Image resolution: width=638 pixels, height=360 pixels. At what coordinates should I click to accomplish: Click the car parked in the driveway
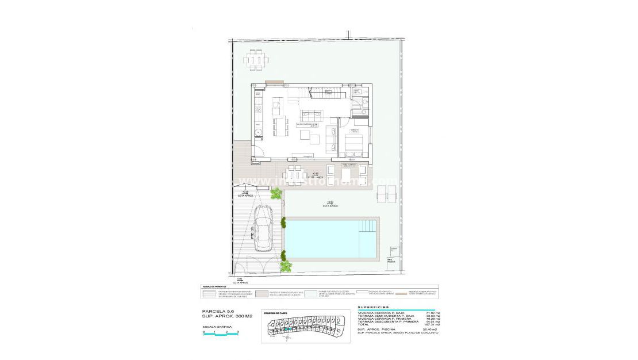pos(264,228)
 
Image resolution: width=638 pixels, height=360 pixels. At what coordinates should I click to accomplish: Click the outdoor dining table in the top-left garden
pos(256,59)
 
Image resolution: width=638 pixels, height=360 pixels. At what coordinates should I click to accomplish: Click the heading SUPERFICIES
pos(373,308)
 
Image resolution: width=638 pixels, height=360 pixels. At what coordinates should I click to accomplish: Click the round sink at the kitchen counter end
pos(259,132)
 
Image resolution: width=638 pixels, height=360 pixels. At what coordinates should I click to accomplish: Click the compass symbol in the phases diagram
pos(272,337)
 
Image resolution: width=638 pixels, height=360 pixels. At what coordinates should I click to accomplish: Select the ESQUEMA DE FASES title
pos(277,314)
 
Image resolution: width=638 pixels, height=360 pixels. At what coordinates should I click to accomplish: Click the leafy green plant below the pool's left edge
pos(286,265)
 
